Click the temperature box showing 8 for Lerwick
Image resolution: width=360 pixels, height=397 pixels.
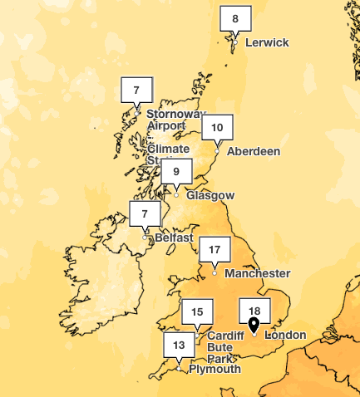(x=235, y=19)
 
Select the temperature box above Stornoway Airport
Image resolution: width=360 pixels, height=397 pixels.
(x=137, y=90)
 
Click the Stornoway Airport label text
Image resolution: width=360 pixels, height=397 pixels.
(x=175, y=120)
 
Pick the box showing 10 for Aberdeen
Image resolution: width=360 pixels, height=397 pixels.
(x=217, y=128)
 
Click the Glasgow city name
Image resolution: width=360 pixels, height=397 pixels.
(x=210, y=196)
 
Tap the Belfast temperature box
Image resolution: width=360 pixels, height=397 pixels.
(x=145, y=214)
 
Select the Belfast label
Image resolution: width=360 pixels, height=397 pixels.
(x=174, y=238)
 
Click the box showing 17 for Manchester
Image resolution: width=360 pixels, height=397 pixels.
(x=215, y=250)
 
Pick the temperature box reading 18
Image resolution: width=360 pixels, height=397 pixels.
(x=254, y=308)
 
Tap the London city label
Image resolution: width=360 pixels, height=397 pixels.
(x=284, y=336)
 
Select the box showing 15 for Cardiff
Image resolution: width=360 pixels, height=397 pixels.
(x=197, y=312)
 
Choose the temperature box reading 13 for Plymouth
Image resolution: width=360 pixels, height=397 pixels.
(x=179, y=344)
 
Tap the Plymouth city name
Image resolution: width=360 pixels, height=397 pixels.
(x=215, y=369)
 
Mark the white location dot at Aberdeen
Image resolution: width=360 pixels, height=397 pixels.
(x=217, y=151)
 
